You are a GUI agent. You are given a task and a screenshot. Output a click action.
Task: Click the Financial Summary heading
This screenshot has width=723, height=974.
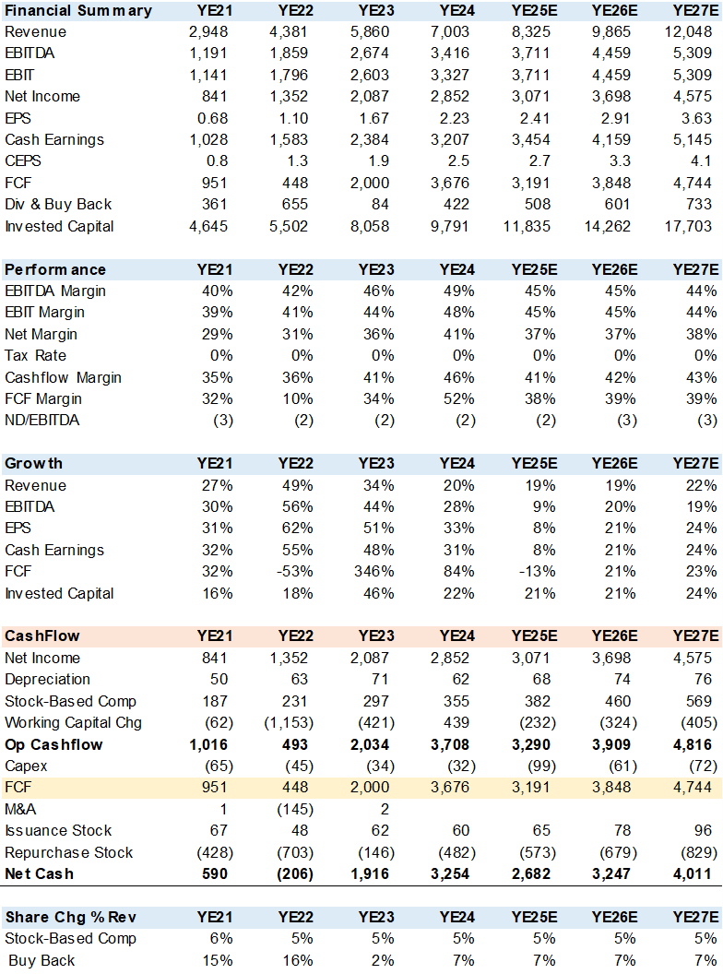[x=78, y=11]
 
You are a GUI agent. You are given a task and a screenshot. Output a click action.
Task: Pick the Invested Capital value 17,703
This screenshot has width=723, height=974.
[x=691, y=226]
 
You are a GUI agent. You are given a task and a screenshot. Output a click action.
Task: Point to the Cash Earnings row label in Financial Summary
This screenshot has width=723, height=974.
[x=54, y=140]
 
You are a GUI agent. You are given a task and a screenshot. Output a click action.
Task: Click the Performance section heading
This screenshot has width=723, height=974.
[x=55, y=269]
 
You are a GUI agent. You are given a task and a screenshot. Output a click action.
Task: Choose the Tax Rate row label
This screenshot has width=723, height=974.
[x=35, y=356]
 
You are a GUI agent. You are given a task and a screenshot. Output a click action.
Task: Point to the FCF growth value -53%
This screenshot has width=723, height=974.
[x=290, y=572]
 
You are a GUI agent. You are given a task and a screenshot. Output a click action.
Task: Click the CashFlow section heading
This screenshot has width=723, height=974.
[x=42, y=635]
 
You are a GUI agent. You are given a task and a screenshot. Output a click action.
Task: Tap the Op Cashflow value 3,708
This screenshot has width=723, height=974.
[x=455, y=744]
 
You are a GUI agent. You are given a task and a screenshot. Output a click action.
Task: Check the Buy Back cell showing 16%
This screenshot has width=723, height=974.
[x=294, y=960]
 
